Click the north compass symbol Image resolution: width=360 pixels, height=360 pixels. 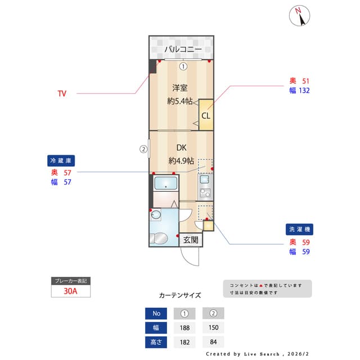coord(300,16)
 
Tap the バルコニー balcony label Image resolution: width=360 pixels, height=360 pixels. coord(183,49)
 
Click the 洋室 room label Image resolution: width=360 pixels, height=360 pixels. coord(180,88)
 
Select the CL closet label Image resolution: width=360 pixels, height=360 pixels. coord(206,116)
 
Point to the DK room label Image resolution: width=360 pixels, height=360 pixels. coord(181,148)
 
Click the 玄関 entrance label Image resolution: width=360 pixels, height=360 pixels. coord(191,240)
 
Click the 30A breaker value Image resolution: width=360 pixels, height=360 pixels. coord(70,291)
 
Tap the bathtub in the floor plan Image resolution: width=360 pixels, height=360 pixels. coord(165,183)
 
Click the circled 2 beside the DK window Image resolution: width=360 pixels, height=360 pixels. coord(143,149)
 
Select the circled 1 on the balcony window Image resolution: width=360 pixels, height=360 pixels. coord(183,66)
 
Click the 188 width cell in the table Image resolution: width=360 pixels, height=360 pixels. coord(184,328)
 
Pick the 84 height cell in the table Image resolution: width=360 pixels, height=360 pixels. coord(213,342)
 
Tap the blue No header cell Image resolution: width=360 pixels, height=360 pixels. coord(156,314)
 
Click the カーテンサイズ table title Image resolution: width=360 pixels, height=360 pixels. coord(180,295)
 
